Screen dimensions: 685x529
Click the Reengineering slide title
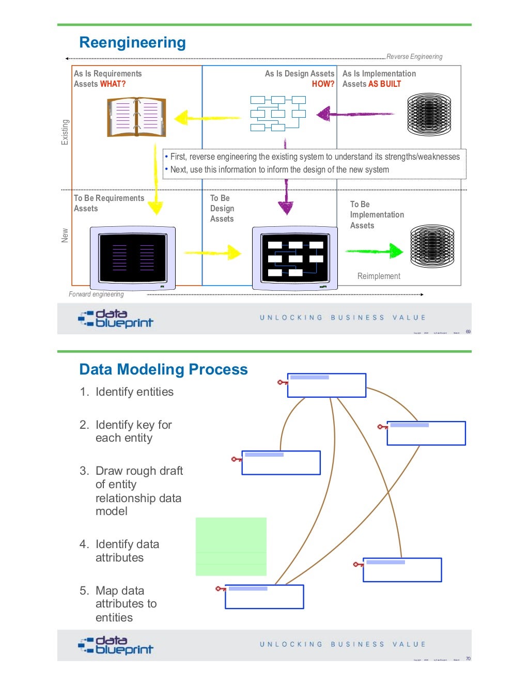[x=132, y=42]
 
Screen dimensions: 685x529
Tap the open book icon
[x=136, y=117]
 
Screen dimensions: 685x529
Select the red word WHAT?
[x=113, y=84]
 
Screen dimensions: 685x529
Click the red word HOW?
[x=323, y=84]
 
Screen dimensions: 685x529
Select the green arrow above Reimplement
[x=375, y=251]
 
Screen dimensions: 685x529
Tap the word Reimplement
[x=379, y=276]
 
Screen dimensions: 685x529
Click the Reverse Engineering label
[x=414, y=57]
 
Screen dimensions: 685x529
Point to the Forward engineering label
[x=96, y=294]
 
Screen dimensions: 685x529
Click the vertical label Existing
[x=65, y=132]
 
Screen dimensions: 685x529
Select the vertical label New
[x=65, y=236]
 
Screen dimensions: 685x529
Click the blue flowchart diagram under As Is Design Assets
[x=277, y=113]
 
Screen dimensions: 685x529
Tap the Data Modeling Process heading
[x=163, y=369]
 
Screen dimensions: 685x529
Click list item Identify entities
[x=134, y=392]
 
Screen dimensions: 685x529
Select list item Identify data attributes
[x=127, y=551]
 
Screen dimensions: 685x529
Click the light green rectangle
[x=231, y=547]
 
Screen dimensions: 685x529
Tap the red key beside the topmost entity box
[x=282, y=383]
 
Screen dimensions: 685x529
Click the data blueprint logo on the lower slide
[x=116, y=645]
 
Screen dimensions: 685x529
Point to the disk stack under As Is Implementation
[x=429, y=114]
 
